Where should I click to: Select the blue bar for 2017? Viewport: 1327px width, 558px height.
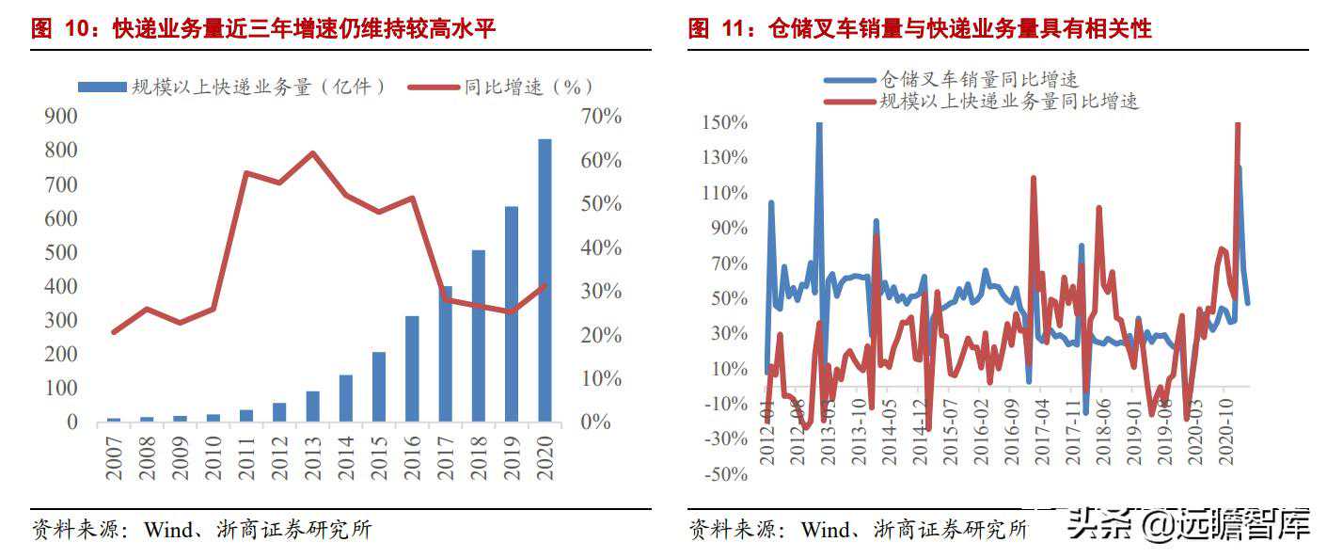pyautogui.click(x=446, y=354)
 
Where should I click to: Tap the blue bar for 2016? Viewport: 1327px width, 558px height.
pyautogui.click(x=412, y=369)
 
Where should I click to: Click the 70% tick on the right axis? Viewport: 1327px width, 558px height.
pyautogui.click(x=600, y=117)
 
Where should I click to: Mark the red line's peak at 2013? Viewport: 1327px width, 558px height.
pyautogui.click(x=313, y=152)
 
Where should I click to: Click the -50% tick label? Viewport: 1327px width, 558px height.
pyautogui.click(x=725, y=474)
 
